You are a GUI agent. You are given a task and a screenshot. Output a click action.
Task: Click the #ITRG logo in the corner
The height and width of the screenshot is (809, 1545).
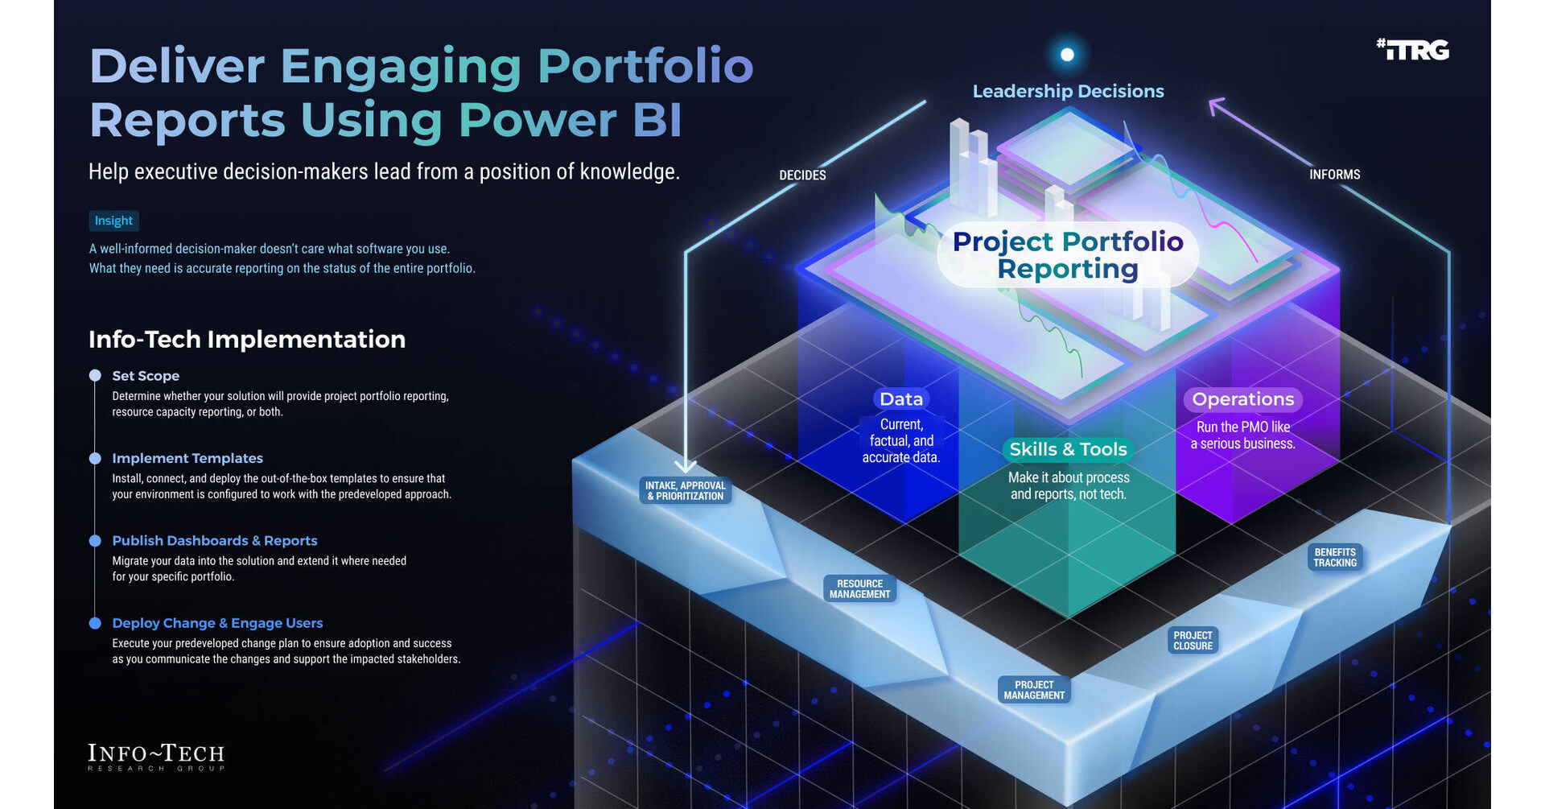pyautogui.click(x=1412, y=50)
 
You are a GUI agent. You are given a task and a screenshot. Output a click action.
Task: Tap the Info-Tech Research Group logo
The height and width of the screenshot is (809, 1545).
pyautogui.click(x=156, y=757)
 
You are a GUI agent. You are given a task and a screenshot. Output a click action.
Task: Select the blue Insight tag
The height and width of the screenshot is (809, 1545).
pyautogui.click(x=113, y=221)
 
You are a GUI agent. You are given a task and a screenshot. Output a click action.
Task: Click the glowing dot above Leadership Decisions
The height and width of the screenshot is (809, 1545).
pyautogui.click(x=1067, y=55)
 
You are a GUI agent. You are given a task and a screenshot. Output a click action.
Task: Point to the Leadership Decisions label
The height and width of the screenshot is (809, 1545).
pyautogui.click(x=1068, y=91)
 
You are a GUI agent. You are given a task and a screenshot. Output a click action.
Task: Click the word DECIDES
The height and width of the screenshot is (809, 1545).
pyautogui.click(x=802, y=175)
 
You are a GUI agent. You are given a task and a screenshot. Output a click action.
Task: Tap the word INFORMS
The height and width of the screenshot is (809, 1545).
pyautogui.click(x=1334, y=174)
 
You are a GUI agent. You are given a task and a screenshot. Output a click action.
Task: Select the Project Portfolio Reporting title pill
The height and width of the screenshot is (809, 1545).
pyautogui.click(x=1068, y=254)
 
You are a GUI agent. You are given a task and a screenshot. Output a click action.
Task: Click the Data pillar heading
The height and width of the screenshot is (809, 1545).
pyautogui.click(x=900, y=399)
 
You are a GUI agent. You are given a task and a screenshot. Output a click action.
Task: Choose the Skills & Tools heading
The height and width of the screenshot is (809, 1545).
pyautogui.click(x=1068, y=449)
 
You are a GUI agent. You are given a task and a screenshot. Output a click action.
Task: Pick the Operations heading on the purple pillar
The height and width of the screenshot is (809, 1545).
pyautogui.click(x=1242, y=399)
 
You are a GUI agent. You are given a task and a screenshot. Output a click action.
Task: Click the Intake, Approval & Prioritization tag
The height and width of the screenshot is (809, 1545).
pyautogui.click(x=686, y=490)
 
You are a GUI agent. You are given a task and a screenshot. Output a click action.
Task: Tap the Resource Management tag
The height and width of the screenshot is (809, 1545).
pyautogui.click(x=859, y=588)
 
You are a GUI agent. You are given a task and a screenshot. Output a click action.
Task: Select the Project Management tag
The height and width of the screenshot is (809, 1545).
pyautogui.click(x=1034, y=690)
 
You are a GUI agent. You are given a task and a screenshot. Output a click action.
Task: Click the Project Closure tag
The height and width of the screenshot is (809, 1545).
pyautogui.click(x=1193, y=640)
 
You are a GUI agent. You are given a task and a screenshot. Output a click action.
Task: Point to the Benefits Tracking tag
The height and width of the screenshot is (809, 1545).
pyautogui.click(x=1335, y=557)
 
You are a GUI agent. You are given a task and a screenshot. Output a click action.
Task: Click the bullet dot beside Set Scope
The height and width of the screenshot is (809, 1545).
pyautogui.click(x=95, y=375)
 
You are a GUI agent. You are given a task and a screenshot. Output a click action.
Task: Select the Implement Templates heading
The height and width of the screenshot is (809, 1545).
pyautogui.click(x=187, y=458)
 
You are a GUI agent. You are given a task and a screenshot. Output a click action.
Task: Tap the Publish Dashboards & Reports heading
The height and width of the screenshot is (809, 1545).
pyautogui.click(x=215, y=541)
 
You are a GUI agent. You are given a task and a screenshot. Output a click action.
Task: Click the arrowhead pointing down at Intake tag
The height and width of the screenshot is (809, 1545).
pyautogui.click(x=685, y=466)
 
